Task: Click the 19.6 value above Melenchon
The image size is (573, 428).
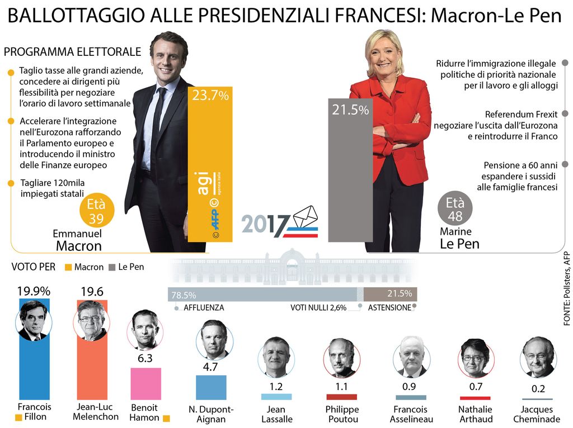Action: click(91, 292)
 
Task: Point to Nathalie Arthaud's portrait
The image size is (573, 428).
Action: click(475, 358)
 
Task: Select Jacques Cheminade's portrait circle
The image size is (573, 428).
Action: click(539, 356)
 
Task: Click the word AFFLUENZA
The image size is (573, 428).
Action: click(203, 307)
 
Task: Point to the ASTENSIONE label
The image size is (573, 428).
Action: click(389, 307)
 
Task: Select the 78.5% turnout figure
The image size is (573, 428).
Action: click(184, 295)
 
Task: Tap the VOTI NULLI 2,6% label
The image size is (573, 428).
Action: click(318, 307)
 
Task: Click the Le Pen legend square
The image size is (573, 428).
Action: click(112, 267)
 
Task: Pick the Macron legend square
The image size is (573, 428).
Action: click(68, 267)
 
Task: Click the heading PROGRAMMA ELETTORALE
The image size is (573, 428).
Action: click(72, 52)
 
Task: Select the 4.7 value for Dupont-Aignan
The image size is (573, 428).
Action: click(210, 367)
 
